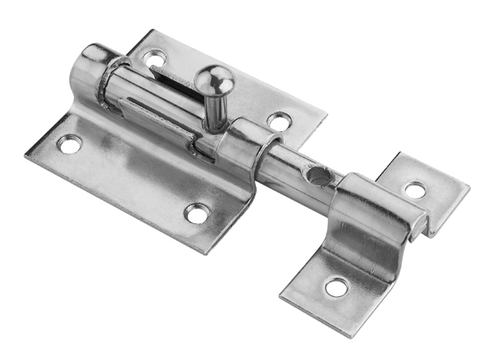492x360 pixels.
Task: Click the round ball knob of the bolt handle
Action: coord(215,80)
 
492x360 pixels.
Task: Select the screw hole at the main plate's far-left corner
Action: coord(71,144)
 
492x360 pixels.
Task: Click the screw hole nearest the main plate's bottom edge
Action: coord(196,214)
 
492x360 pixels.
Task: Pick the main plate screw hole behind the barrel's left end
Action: coord(154,59)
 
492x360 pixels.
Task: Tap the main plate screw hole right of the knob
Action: coord(279,122)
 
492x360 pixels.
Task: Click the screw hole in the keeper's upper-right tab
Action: coord(416,190)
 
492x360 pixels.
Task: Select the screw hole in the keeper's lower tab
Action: coord(336,287)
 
